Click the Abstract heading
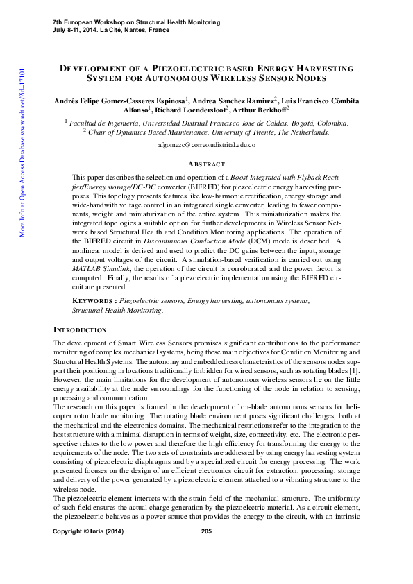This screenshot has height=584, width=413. [206, 164]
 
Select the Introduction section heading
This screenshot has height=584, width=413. [80, 330]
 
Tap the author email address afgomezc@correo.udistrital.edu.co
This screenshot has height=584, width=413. [207, 145]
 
